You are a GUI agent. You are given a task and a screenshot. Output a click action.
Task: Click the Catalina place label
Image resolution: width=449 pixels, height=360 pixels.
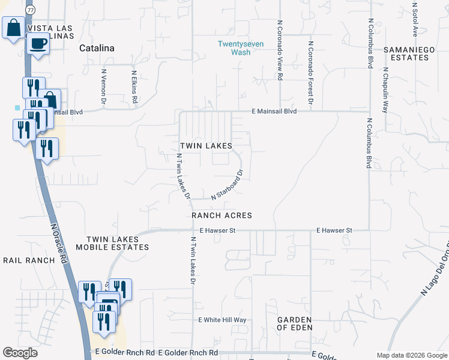click(97, 49)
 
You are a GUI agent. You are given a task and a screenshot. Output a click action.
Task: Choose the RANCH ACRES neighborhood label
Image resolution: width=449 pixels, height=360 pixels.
click(221, 215)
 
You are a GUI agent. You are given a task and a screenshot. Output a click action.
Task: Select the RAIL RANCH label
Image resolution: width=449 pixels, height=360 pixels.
click(29, 260)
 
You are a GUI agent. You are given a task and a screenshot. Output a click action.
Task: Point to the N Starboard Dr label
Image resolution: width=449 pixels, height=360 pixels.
click(227, 186)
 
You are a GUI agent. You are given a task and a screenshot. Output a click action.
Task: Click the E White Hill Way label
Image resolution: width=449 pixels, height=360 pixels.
click(223, 320)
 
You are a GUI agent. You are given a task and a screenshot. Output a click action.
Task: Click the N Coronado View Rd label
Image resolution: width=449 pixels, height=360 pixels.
click(280, 50)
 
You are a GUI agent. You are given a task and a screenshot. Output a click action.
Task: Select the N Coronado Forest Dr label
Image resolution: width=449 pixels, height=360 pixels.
click(310, 72)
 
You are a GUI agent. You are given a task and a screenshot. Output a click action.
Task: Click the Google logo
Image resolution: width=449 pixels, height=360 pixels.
click(20, 353)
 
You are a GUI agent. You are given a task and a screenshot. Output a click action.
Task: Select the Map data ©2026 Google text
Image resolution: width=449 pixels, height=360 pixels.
click(411, 355)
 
